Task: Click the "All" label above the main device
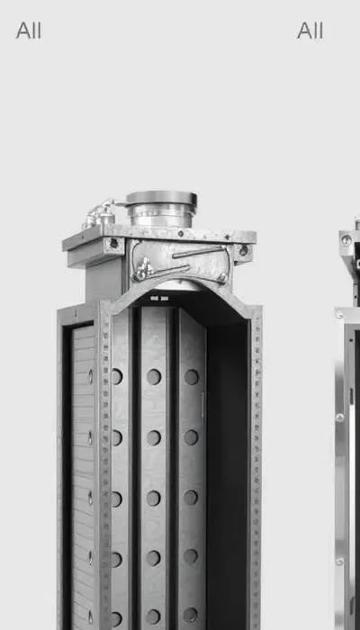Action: click(x=29, y=31)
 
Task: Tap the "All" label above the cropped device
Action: click(x=310, y=31)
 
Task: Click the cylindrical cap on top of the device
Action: click(x=161, y=209)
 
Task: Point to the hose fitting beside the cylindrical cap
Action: click(x=100, y=215)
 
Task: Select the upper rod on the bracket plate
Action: click(x=199, y=252)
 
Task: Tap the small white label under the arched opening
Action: click(x=159, y=299)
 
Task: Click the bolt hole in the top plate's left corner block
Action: click(x=114, y=243)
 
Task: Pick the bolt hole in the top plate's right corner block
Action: click(x=244, y=250)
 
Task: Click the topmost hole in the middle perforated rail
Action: click(x=154, y=377)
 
